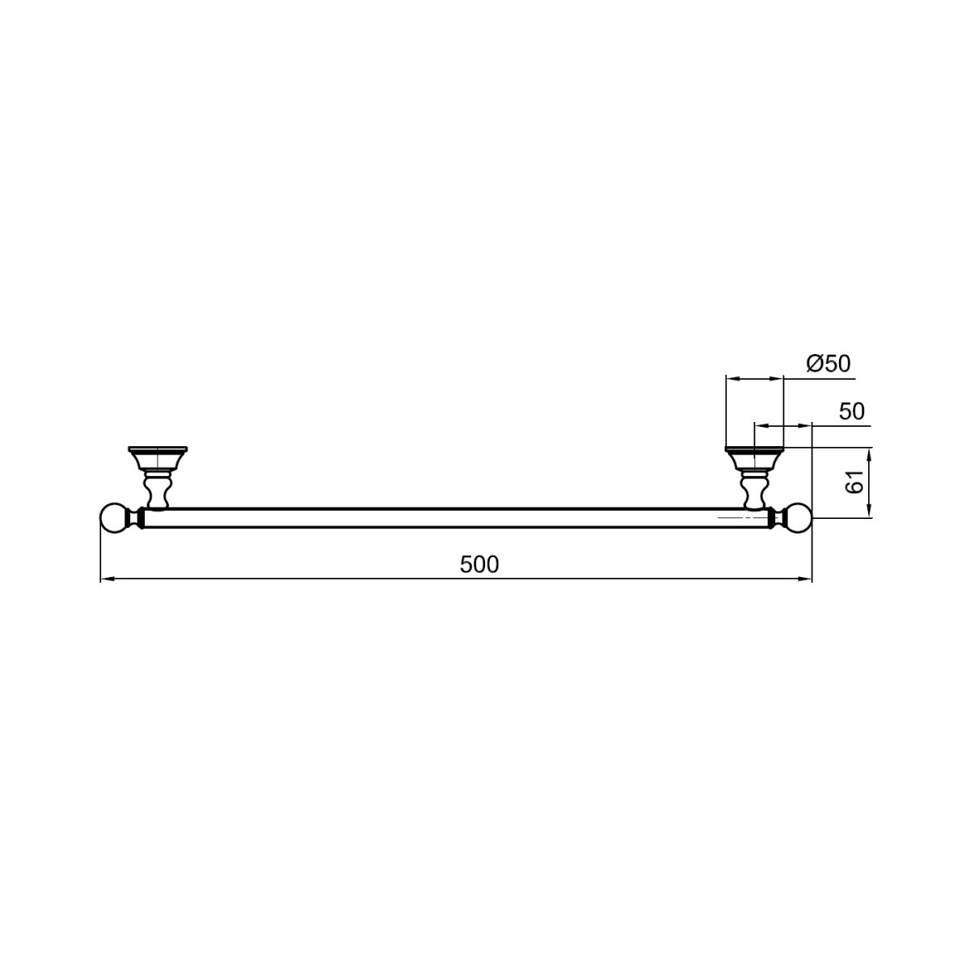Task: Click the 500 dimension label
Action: pyautogui.click(x=479, y=564)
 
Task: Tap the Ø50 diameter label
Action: pyautogui.click(x=828, y=363)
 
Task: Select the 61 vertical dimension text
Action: pyautogui.click(x=854, y=482)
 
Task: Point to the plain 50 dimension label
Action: pyautogui.click(x=852, y=411)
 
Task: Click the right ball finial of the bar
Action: pyautogui.click(x=798, y=518)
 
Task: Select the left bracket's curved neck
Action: pyautogui.click(x=158, y=489)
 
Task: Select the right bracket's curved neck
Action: pyautogui.click(x=754, y=489)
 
